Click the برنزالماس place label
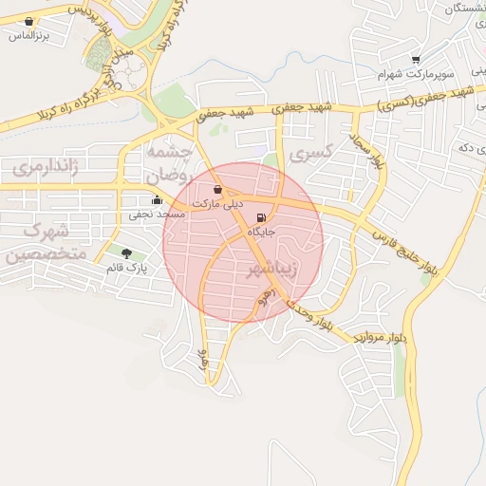point(28,36)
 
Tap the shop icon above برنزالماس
point(29,21)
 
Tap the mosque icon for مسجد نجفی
point(157,199)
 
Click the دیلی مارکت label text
point(218,204)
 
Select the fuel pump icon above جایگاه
point(260,218)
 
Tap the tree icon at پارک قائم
point(126,253)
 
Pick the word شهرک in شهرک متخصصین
point(46,231)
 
